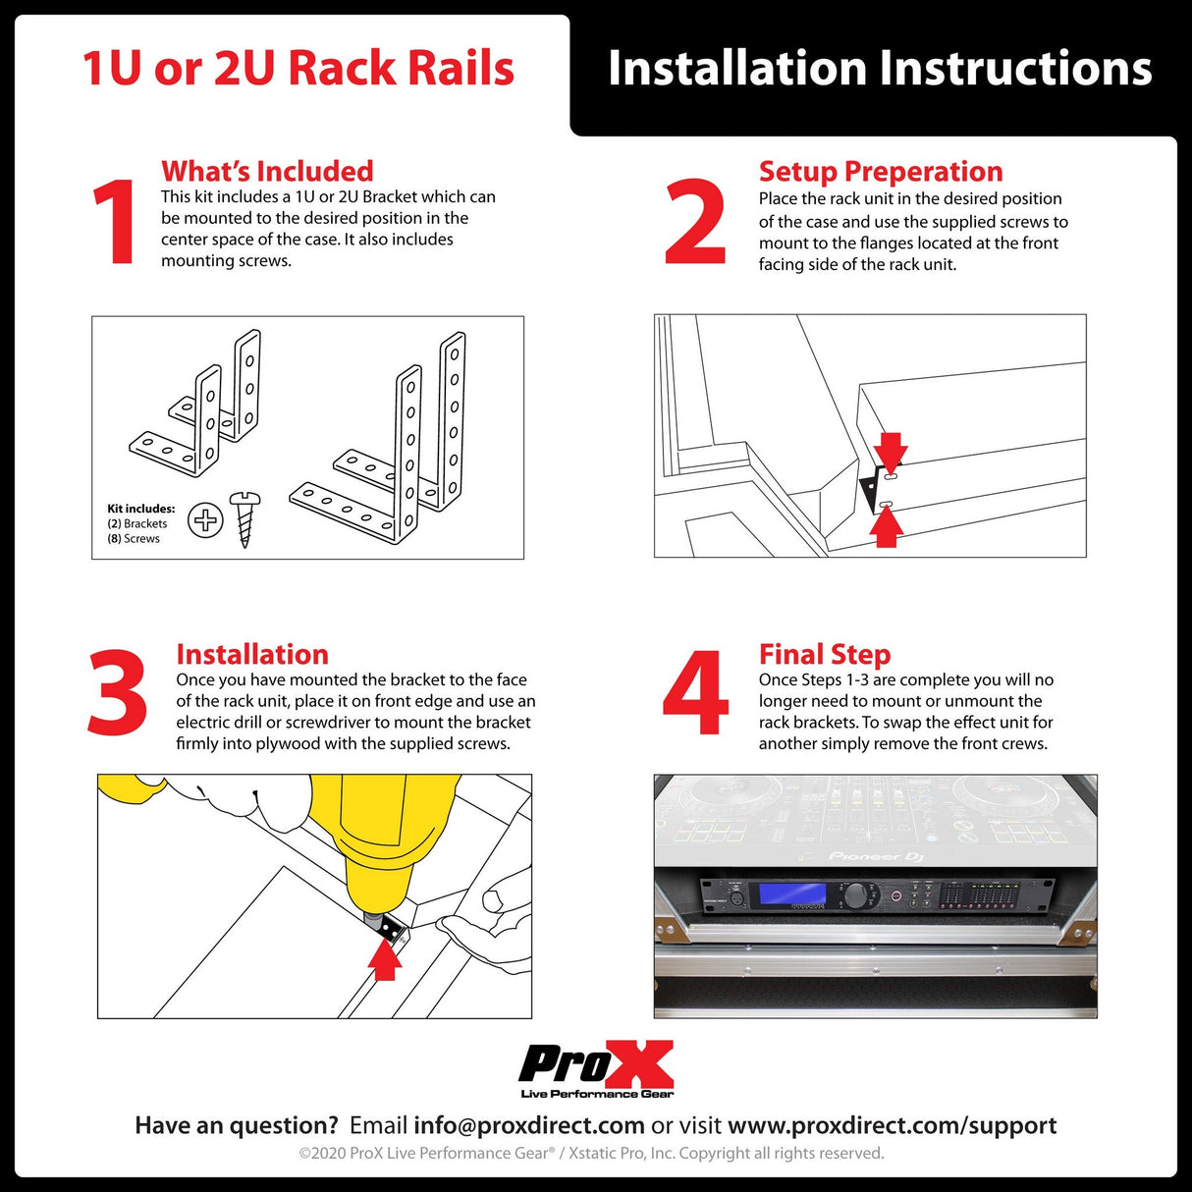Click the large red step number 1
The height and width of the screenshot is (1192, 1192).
[x=116, y=223]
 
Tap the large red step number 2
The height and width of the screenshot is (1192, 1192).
[x=695, y=223]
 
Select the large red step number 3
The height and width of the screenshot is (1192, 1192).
[x=117, y=693]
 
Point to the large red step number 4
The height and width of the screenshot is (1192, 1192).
[x=695, y=693]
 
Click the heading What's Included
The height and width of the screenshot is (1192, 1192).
[x=267, y=171]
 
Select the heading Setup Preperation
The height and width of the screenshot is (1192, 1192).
[x=880, y=171]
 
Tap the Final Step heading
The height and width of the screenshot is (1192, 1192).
[x=824, y=654]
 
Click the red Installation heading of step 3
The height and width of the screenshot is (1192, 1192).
[x=252, y=654]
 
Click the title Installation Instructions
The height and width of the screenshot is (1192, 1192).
[x=879, y=69]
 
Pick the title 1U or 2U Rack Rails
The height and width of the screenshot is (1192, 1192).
[x=298, y=69]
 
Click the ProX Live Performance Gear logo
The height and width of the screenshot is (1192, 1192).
[x=596, y=1069]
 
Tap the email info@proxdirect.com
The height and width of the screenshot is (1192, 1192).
[x=528, y=1125]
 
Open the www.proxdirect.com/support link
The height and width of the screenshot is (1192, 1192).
[x=892, y=1125]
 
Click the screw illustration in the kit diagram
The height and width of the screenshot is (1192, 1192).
[x=244, y=519]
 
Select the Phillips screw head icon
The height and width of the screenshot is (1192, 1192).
[x=205, y=519]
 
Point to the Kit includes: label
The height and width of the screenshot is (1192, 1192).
[x=141, y=509]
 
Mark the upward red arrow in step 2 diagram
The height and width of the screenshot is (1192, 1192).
[x=887, y=527]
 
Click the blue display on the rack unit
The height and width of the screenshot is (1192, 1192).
[x=786, y=894]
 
